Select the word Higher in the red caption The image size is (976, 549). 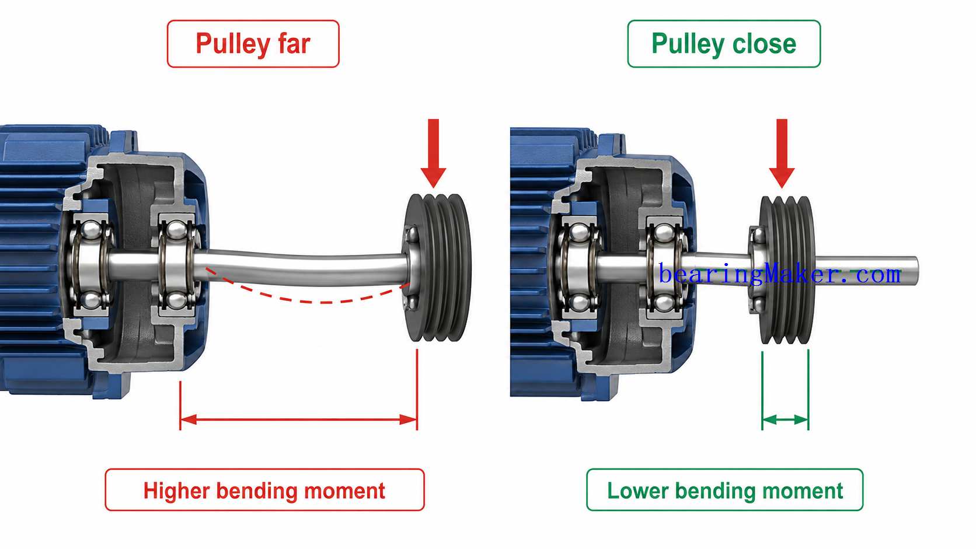pos(176,491)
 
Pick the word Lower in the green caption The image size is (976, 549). pos(637,491)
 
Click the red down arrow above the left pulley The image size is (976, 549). pos(433,153)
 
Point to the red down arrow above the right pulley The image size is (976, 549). pos(782,153)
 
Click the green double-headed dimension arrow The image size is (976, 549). pos(785,419)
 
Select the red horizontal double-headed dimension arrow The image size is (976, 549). pos(298,419)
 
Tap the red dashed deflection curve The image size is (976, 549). pos(307,300)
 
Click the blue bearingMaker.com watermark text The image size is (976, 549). pos(779,274)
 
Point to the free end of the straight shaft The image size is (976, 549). pos(916,271)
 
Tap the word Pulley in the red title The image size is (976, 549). pos(233,44)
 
